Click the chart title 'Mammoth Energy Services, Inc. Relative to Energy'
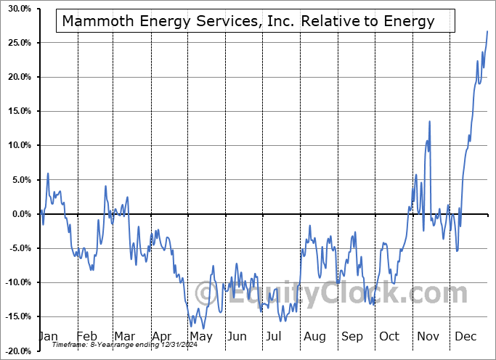[x=248, y=21]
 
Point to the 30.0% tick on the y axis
[x=15, y=9]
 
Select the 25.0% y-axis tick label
[x=15, y=43]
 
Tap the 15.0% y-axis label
[x=15, y=111]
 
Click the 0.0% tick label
[x=17, y=214]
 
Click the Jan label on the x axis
[x=48, y=337]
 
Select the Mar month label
[x=124, y=337]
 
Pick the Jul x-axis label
[x=275, y=337]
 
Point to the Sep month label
[x=351, y=337]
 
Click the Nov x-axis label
[x=428, y=337]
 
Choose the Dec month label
[x=465, y=337]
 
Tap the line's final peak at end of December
[x=487, y=31]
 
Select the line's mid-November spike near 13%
[x=429, y=121]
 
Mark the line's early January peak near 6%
[x=48, y=173]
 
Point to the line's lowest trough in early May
[x=192, y=327]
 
